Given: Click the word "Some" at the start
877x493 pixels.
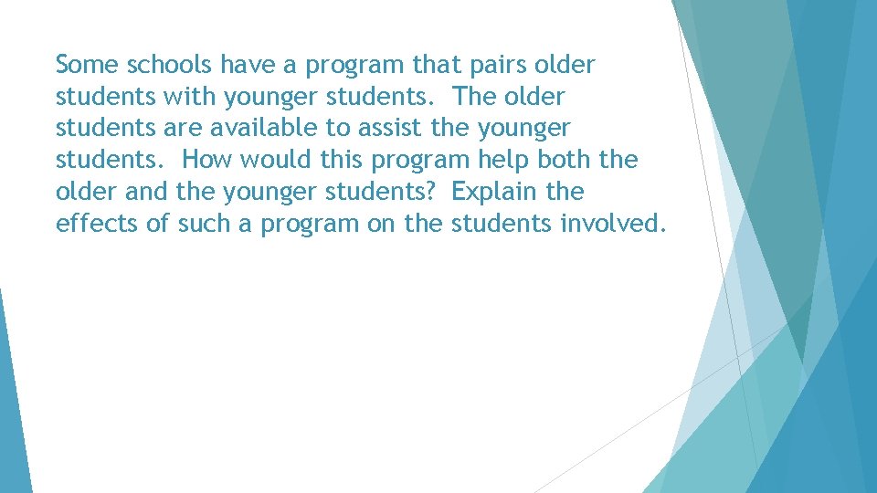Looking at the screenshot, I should (x=87, y=66).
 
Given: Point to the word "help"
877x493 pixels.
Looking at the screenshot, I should (x=504, y=161).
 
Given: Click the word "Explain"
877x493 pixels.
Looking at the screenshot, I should (x=496, y=193).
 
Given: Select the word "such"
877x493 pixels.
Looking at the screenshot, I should (x=203, y=225).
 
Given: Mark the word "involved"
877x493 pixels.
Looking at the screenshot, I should (x=610, y=225).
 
